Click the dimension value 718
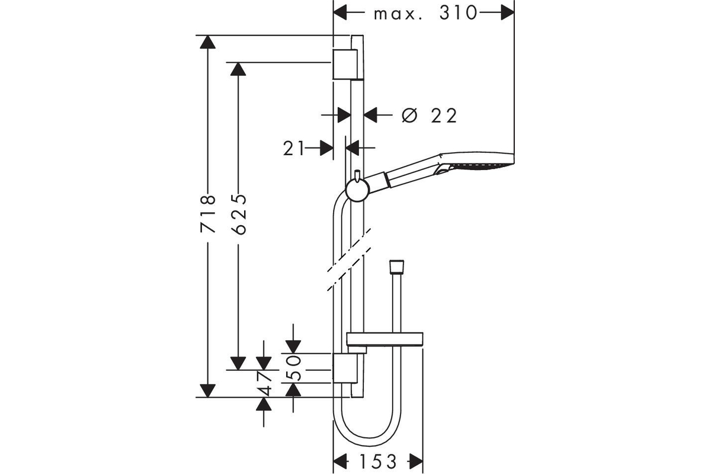coord(208,214)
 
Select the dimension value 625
coord(239,214)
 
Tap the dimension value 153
coord(378,462)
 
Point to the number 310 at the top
coord(457,13)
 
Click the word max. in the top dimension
coord(398,15)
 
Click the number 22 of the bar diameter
coord(444,116)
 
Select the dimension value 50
coord(293,368)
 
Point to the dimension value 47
coord(264,383)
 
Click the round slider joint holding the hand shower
coord(357,190)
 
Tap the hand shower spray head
coord(476,162)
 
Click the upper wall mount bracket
coord(345,64)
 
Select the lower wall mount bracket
coord(345,368)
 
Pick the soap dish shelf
coord(385,339)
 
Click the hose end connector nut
coord(397,267)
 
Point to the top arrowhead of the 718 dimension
coord(208,42)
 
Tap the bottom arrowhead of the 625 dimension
coord(238,363)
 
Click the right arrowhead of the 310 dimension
coord(508,13)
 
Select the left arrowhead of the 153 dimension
coord(340,462)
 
